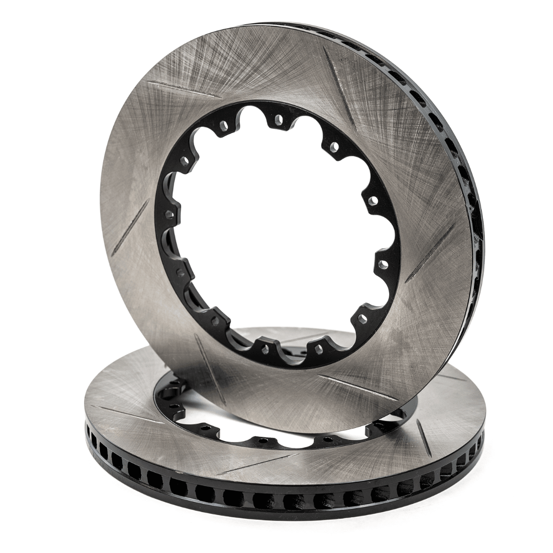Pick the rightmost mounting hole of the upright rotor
coord(382,264)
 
